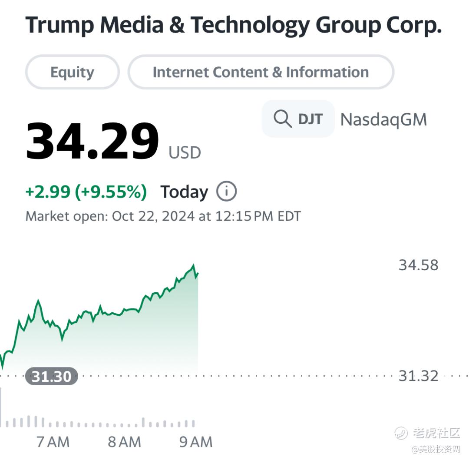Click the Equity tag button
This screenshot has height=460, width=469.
coord(72,72)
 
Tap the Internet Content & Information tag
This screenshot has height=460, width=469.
coord(261,72)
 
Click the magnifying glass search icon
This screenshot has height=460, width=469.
coord(283,119)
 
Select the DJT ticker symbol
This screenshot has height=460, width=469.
coord(310,119)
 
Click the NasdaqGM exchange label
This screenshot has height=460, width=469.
coord(383,119)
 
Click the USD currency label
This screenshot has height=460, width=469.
coord(185,153)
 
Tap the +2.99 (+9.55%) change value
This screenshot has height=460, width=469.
coord(86,192)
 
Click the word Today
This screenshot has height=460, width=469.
coord(184,192)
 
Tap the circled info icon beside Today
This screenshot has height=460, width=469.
coord(226,191)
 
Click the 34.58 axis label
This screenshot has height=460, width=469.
coord(418,265)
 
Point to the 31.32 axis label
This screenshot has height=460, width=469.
coord(418,376)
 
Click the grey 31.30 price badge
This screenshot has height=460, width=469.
coord(51,376)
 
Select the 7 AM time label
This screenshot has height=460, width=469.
coord(53,442)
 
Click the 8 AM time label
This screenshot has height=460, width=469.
coord(124,442)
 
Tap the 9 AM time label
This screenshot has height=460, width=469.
coord(196,442)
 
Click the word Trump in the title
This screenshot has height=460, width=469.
coord(59,25)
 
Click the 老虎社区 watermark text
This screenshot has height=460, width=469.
coord(436,433)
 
